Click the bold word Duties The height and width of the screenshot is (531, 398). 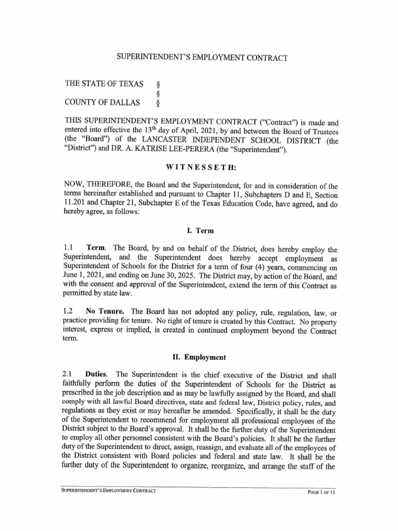click(96, 375)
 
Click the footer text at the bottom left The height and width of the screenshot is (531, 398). click(108, 492)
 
